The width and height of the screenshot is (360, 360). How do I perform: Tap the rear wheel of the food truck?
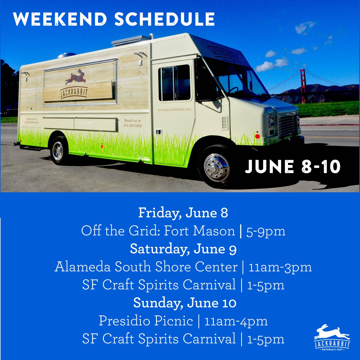click(58, 151)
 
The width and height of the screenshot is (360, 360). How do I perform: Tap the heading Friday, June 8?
click(183, 213)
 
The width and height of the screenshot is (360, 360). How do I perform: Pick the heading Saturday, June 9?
click(183, 249)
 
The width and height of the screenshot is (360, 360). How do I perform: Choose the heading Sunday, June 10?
click(184, 303)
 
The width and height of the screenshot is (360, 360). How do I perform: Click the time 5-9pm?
click(266, 231)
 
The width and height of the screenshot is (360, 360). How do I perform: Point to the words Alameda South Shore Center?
click(146, 267)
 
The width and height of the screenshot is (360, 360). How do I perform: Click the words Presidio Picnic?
click(146, 321)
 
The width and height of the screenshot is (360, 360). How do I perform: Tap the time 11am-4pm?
click(236, 321)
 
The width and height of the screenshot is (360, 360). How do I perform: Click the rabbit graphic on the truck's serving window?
click(76, 76)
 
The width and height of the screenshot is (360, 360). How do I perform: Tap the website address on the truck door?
click(175, 110)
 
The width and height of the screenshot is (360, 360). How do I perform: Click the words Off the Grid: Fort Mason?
click(158, 231)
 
